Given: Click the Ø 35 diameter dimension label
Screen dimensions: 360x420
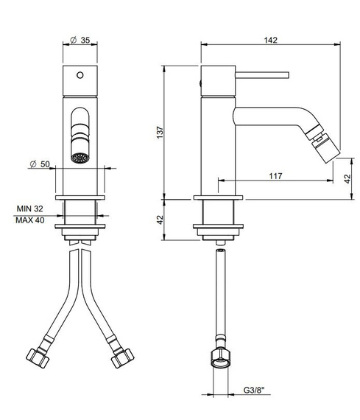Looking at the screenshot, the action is (x=80, y=41).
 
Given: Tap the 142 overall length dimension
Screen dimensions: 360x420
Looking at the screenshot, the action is (x=271, y=41).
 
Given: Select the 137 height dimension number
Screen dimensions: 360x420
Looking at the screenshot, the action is (x=160, y=133).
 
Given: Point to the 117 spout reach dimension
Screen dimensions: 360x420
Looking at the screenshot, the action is (x=275, y=176).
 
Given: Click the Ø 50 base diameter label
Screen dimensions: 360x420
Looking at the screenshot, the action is (x=40, y=164).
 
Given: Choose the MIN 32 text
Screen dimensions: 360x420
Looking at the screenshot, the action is (x=29, y=209).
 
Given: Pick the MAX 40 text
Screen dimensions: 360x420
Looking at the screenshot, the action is (x=30, y=220).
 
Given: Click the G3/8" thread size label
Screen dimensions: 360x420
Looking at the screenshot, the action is (x=254, y=390).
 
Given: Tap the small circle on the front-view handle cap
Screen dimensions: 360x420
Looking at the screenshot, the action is (x=80, y=75).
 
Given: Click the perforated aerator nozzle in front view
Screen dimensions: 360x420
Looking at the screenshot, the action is (x=80, y=158).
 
